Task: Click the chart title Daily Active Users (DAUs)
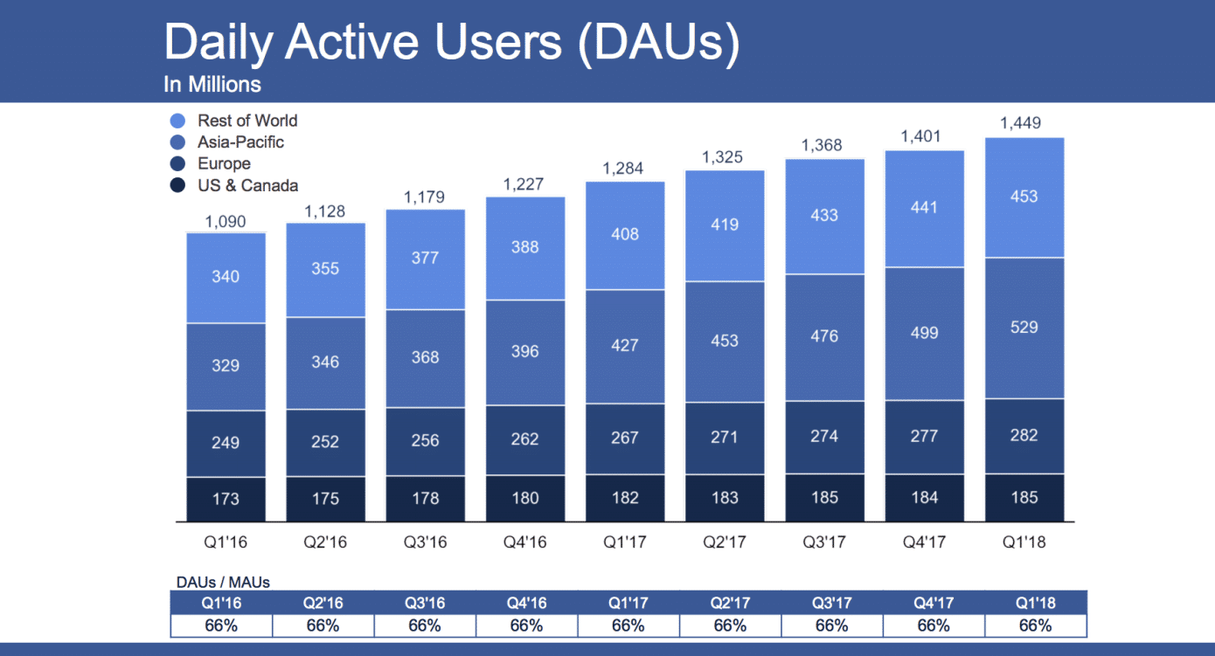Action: point(451,42)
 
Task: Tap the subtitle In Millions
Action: point(212,85)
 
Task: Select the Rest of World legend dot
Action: point(177,121)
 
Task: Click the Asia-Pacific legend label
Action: point(240,142)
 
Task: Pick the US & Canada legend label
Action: point(247,185)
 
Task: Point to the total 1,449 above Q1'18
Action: point(1024,123)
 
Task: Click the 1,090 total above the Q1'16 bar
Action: point(226,222)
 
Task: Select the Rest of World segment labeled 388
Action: point(524,248)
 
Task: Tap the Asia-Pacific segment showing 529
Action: point(1024,328)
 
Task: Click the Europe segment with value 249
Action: point(226,443)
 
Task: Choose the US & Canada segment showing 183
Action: point(724,498)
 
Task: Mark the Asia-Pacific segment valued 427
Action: point(624,346)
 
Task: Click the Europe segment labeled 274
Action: point(824,437)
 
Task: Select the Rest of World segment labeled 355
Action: point(325,269)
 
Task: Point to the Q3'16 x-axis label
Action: point(425,542)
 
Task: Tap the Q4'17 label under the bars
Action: point(924,542)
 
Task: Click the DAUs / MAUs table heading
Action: point(223,583)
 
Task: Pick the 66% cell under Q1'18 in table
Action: point(1035,625)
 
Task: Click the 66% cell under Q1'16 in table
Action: point(222,625)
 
